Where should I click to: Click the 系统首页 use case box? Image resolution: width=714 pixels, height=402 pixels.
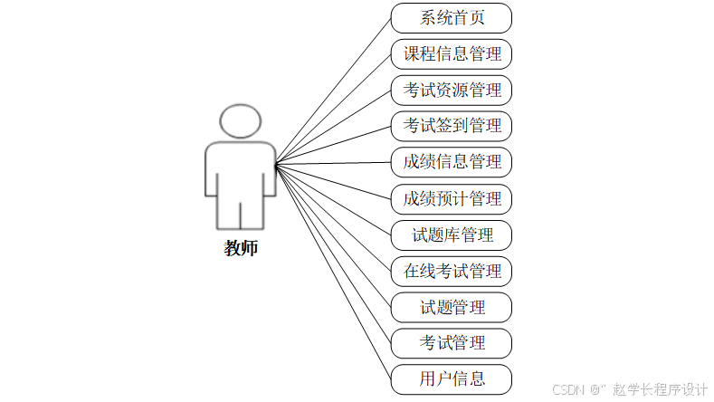(452, 18)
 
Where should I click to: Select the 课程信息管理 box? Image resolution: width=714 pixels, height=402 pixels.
(452, 53)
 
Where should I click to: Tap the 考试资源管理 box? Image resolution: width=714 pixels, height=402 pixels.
(452, 90)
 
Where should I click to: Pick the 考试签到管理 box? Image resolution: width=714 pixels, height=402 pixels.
(452, 125)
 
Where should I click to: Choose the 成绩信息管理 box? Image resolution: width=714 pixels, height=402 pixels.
(452, 162)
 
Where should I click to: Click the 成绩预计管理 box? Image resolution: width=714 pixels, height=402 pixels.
(452, 198)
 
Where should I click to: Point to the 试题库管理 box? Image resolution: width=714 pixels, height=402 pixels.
(452, 235)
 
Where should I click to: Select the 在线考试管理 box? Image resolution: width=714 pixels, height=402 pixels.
(452, 271)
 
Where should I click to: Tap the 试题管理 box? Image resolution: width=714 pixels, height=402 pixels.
(452, 307)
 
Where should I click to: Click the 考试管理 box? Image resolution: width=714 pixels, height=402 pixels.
(452, 343)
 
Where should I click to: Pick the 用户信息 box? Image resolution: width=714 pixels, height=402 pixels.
(452, 378)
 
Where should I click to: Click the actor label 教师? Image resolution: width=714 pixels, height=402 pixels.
(241, 248)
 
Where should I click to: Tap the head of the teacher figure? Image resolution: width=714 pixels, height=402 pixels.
(241, 121)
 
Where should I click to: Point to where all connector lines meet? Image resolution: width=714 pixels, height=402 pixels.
(275, 163)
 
